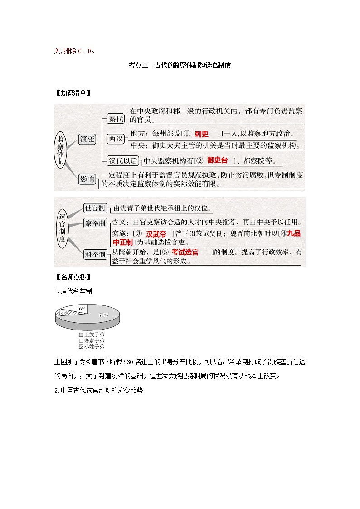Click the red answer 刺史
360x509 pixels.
tap(201, 134)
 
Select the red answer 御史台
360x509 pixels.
tap(218, 160)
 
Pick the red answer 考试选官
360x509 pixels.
tap(185, 252)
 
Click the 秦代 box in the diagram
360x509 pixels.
tap(116, 119)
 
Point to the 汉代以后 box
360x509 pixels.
tap(123, 160)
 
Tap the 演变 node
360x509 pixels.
tap(87, 139)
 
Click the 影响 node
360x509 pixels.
tap(87, 179)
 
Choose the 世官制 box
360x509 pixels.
tap(95, 208)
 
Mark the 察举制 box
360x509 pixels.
tap(95, 223)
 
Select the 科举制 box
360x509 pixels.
tap(95, 254)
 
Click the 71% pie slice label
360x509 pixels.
tap(104, 315)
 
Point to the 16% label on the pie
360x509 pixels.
tap(81, 308)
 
